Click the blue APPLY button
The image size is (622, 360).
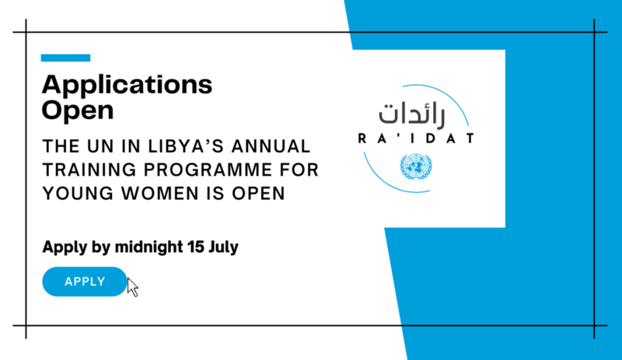85,281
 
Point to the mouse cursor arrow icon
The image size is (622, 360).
132,288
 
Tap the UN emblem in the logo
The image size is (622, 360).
416,166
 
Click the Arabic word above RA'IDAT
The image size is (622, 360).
412,115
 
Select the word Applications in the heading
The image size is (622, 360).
127,86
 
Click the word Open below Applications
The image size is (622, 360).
78,110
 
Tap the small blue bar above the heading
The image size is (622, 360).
65,58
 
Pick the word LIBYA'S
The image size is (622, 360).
186,146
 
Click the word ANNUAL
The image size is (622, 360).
271,146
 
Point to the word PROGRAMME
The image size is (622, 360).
208,170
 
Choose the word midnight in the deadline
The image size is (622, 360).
149,247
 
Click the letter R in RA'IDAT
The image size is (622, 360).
362,138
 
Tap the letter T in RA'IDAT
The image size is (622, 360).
470,138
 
